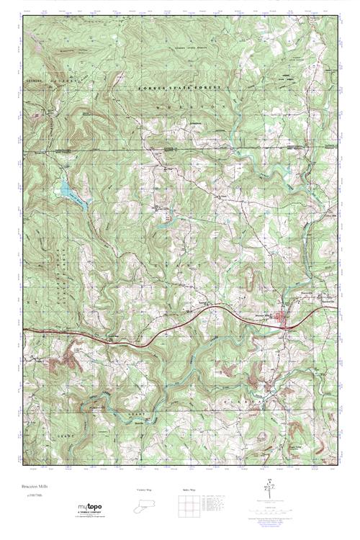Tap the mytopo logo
click(90, 507)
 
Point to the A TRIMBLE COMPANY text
click(89, 513)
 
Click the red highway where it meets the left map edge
click(24, 330)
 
